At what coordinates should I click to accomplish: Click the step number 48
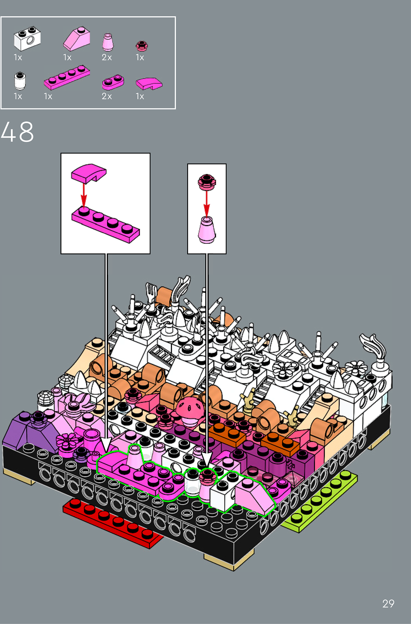(17, 132)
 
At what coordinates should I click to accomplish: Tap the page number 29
(388, 604)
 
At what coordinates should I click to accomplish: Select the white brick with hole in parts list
(27, 39)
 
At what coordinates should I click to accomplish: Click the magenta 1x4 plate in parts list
(67, 77)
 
